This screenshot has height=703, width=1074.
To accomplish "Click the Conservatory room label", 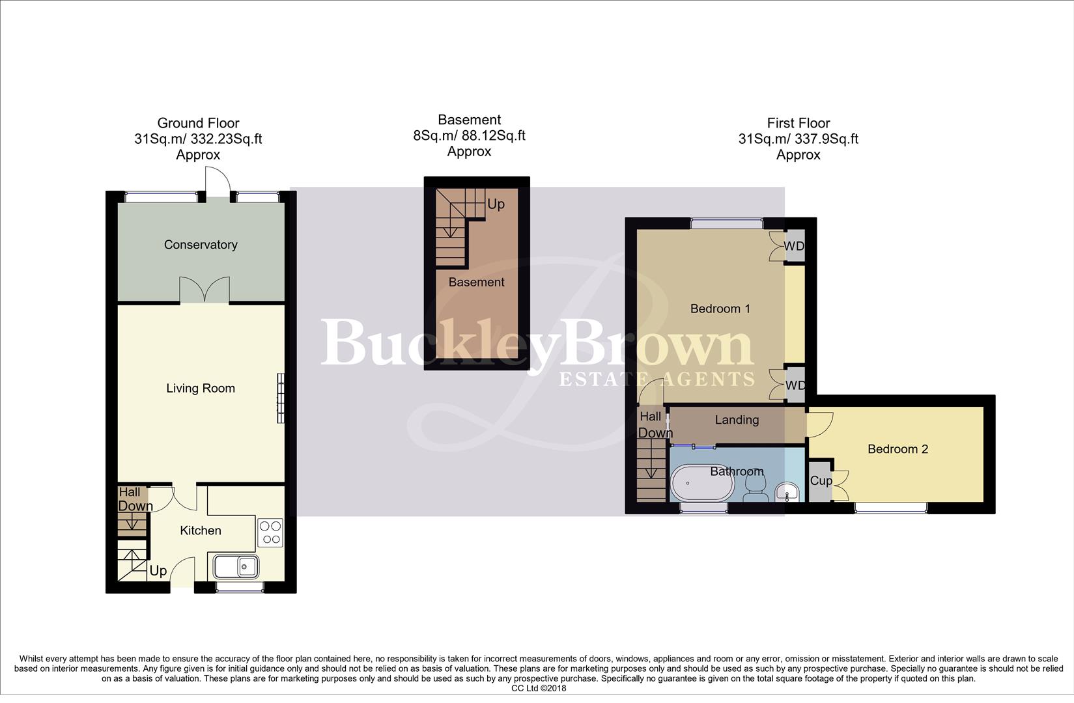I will coord(201,245).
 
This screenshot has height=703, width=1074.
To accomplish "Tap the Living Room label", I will coord(201,389).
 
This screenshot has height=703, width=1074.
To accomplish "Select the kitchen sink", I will coord(234,566).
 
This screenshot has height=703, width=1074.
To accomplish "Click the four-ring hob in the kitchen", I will coord(270,532).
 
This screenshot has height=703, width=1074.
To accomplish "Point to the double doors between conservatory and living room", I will coord(205,290).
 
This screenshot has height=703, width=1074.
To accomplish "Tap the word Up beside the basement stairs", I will coord(496,204).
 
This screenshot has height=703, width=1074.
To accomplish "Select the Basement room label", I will coord(476,283).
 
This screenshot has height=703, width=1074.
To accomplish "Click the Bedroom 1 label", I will coord(720,309).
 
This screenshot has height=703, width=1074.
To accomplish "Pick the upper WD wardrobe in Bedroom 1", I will coord(794,246).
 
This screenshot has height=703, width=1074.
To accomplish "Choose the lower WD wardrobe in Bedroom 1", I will coord(795,385).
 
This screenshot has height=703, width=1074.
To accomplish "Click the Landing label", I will coord(737,420).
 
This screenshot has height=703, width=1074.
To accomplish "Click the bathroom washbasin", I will coord(789,492).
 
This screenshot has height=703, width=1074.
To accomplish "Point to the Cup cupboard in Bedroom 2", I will coord(821,481).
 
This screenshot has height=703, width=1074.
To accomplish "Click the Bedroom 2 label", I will coord(897,449).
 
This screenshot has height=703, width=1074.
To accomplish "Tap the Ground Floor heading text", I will coord(198,123).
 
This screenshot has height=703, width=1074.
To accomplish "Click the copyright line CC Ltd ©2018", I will coord(539,688).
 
